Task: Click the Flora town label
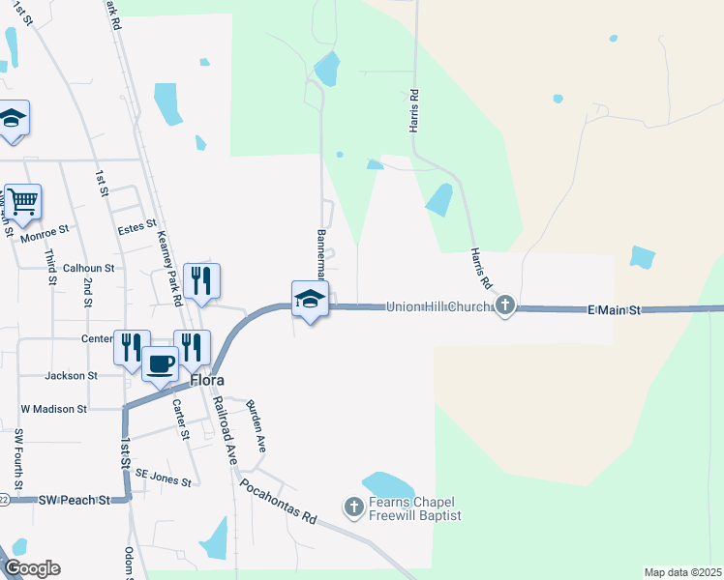tap(207, 380)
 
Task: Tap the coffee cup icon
tap(160, 363)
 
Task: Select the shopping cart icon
tap(22, 201)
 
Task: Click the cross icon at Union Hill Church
tap(504, 306)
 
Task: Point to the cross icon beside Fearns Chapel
tap(354, 507)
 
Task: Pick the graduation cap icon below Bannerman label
tap(310, 299)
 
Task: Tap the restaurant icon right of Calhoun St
tap(201, 280)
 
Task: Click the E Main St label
tap(615, 309)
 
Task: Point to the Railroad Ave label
tap(225, 429)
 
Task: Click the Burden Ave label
tap(256, 426)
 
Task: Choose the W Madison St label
tap(54, 409)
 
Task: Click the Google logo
tap(31, 568)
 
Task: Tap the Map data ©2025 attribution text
tap(682, 572)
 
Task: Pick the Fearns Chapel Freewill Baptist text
tap(414, 508)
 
